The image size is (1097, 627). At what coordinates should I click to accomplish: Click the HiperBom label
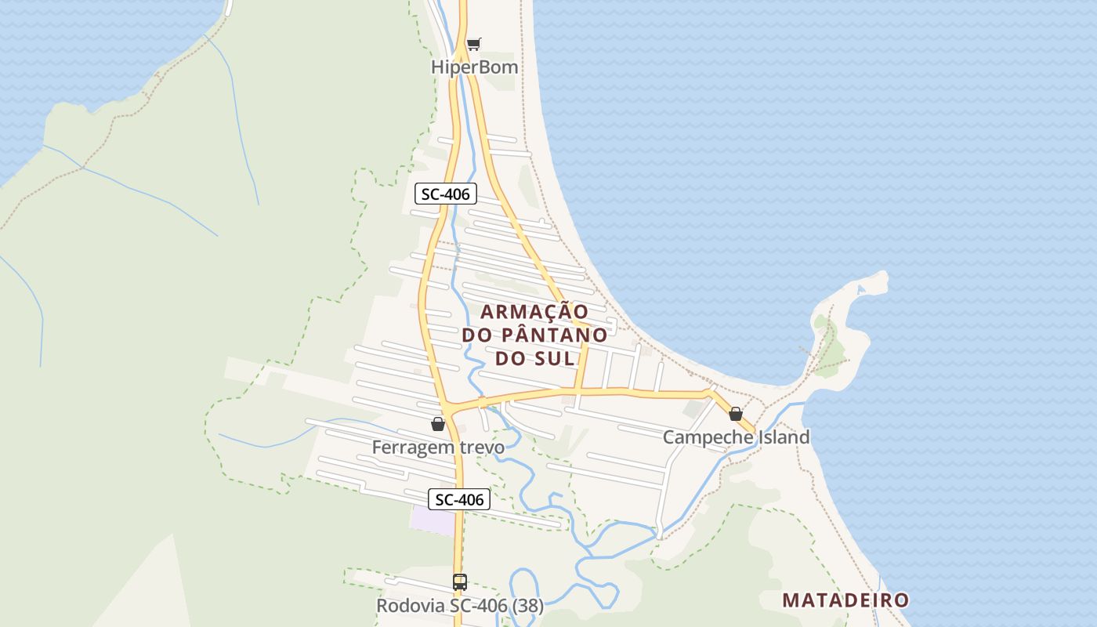point(474,67)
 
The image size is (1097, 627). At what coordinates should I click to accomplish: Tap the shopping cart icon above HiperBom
point(473,44)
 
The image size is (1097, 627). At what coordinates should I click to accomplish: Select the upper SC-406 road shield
point(445,194)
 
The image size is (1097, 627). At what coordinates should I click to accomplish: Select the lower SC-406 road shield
point(459,499)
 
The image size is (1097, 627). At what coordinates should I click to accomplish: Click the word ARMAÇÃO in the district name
point(534,312)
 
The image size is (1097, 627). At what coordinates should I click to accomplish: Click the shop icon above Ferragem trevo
point(438,424)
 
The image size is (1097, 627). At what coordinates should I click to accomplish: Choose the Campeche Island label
point(736,437)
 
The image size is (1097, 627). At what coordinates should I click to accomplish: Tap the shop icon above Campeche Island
point(735,414)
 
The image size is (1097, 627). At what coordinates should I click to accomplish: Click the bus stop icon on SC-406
point(460,582)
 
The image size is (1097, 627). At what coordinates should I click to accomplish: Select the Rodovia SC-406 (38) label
point(460,606)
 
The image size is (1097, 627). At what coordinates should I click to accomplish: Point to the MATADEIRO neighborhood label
point(845,601)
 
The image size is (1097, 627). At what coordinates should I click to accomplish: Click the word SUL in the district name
point(556,359)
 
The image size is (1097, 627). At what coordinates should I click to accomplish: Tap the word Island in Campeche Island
point(784,437)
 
